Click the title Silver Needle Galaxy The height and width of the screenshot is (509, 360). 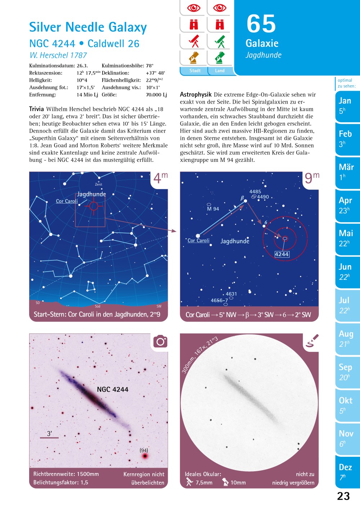click(x=88, y=27)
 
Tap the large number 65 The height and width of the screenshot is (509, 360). click(x=261, y=24)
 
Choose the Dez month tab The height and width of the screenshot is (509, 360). click(x=345, y=471)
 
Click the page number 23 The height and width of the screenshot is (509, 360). click(x=343, y=496)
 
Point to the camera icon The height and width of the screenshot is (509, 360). click(x=160, y=341)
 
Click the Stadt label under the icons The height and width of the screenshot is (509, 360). click(x=195, y=71)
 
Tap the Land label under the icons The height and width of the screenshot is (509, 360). click(x=220, y=71)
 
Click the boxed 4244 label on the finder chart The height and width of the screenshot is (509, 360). click(x=282, y=254)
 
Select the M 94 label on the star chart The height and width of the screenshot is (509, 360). click(x=213, y=209)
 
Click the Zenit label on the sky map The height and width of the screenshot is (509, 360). click(x=99, y=184)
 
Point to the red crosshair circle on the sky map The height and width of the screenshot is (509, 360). click(x=94, y=206)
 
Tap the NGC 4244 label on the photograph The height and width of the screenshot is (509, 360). click(x=112, y=389)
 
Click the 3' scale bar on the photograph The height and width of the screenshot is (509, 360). click(x=49, y=437)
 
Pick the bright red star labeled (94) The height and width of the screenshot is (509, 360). click(x=145, y=456)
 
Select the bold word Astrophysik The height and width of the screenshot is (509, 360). click(x=195, y=95)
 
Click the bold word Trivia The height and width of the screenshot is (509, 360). click(x=36, y=109)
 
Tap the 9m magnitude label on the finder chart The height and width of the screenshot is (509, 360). click(x=312, y=178)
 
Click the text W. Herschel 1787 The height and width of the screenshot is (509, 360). click(x=58, y=55)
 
